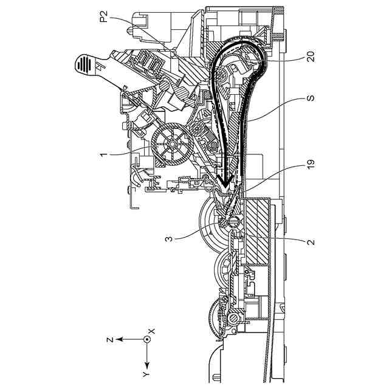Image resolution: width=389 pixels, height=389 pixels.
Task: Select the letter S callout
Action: click(x=311, y=98)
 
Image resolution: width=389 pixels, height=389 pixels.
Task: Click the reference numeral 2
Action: click(x=311, y=241)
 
